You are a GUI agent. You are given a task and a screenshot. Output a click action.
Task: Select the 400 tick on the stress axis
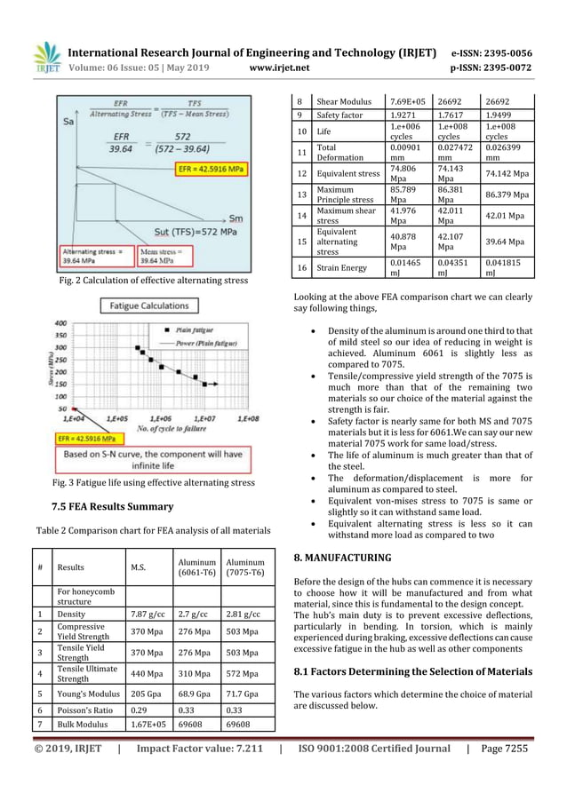[x=62, y=323]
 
